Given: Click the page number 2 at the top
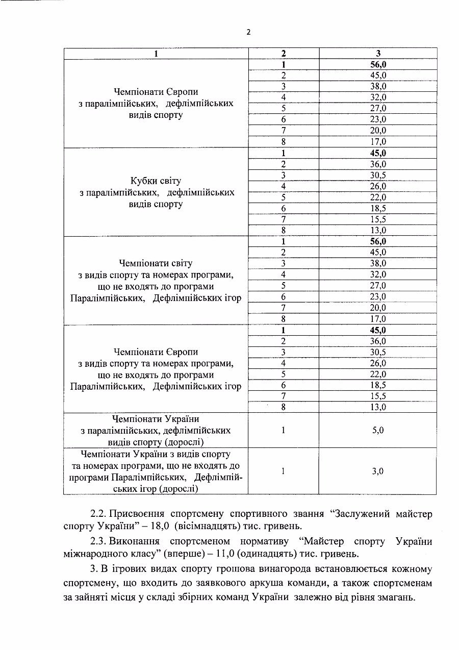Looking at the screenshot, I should pos(248,32).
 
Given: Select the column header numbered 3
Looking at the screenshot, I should pos(378,53).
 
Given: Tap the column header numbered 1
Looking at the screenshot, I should pos(156,53).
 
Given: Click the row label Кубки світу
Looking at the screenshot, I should pos(156,181).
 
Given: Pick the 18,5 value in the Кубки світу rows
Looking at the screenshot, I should pos(378,208).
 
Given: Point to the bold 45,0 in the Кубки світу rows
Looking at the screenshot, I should pos(378,153).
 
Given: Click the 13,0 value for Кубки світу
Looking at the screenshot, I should pos(378,230).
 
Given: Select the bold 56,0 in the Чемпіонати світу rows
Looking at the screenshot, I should pos(378,241).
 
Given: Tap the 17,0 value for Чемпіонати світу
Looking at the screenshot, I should pos(378,319).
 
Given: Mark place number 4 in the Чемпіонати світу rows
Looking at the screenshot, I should pos(283,274).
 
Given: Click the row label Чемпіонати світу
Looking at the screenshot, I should pos(156,263).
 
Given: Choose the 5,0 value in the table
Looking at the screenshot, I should pos(378,430).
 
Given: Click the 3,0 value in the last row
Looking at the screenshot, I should pos(378,471).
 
